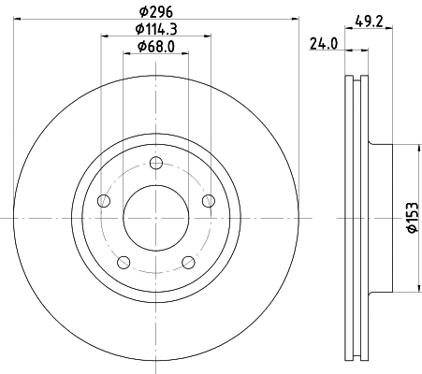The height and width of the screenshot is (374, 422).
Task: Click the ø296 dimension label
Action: pyautogui.click(x=155, y=12)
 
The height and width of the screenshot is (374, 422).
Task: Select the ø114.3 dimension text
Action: pyautogui.click(x=155, y=30)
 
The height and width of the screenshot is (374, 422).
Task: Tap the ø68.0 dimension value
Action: pyautogui.click(x=155, y=47)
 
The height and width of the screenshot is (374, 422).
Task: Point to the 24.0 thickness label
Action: pyautogui.click(x=324, y=42)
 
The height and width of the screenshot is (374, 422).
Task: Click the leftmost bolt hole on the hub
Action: pyautogui.click(x=104, y=201)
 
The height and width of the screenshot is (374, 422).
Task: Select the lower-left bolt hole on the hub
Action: pyautogui.click(x=124, y=262)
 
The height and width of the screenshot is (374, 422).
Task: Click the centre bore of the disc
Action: pyautogui.click(x=155, y=218)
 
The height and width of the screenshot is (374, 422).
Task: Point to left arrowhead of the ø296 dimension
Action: pyautogui.click(x=20, y=22)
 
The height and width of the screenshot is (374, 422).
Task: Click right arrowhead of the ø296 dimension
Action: pyautogui.click(x=296, y=22)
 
